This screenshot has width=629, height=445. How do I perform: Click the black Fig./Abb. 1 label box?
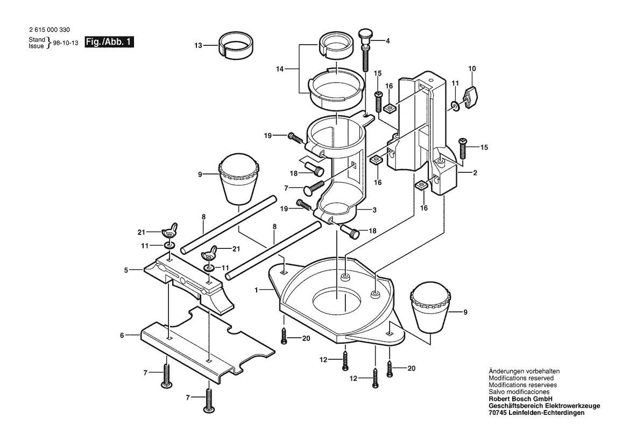[109, 42]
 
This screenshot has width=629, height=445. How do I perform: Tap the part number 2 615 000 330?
[50, 30]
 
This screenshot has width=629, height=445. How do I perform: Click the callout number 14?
[280, 69]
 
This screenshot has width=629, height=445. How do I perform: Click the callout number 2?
[475, 173]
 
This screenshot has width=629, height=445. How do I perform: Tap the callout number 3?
[374, 210]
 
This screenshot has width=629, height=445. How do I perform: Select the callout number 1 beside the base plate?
[256, 289]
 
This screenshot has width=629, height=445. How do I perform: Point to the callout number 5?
[126, 270]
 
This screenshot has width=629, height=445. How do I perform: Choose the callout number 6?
[122, 335]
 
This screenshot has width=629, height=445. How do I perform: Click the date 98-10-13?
[66, 43]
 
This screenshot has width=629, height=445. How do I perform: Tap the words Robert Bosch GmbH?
[521, 399]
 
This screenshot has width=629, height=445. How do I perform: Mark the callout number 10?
[472, 68]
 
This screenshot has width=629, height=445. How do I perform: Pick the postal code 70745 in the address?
[497, 413]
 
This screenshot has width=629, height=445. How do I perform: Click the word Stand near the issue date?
[37, 40]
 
